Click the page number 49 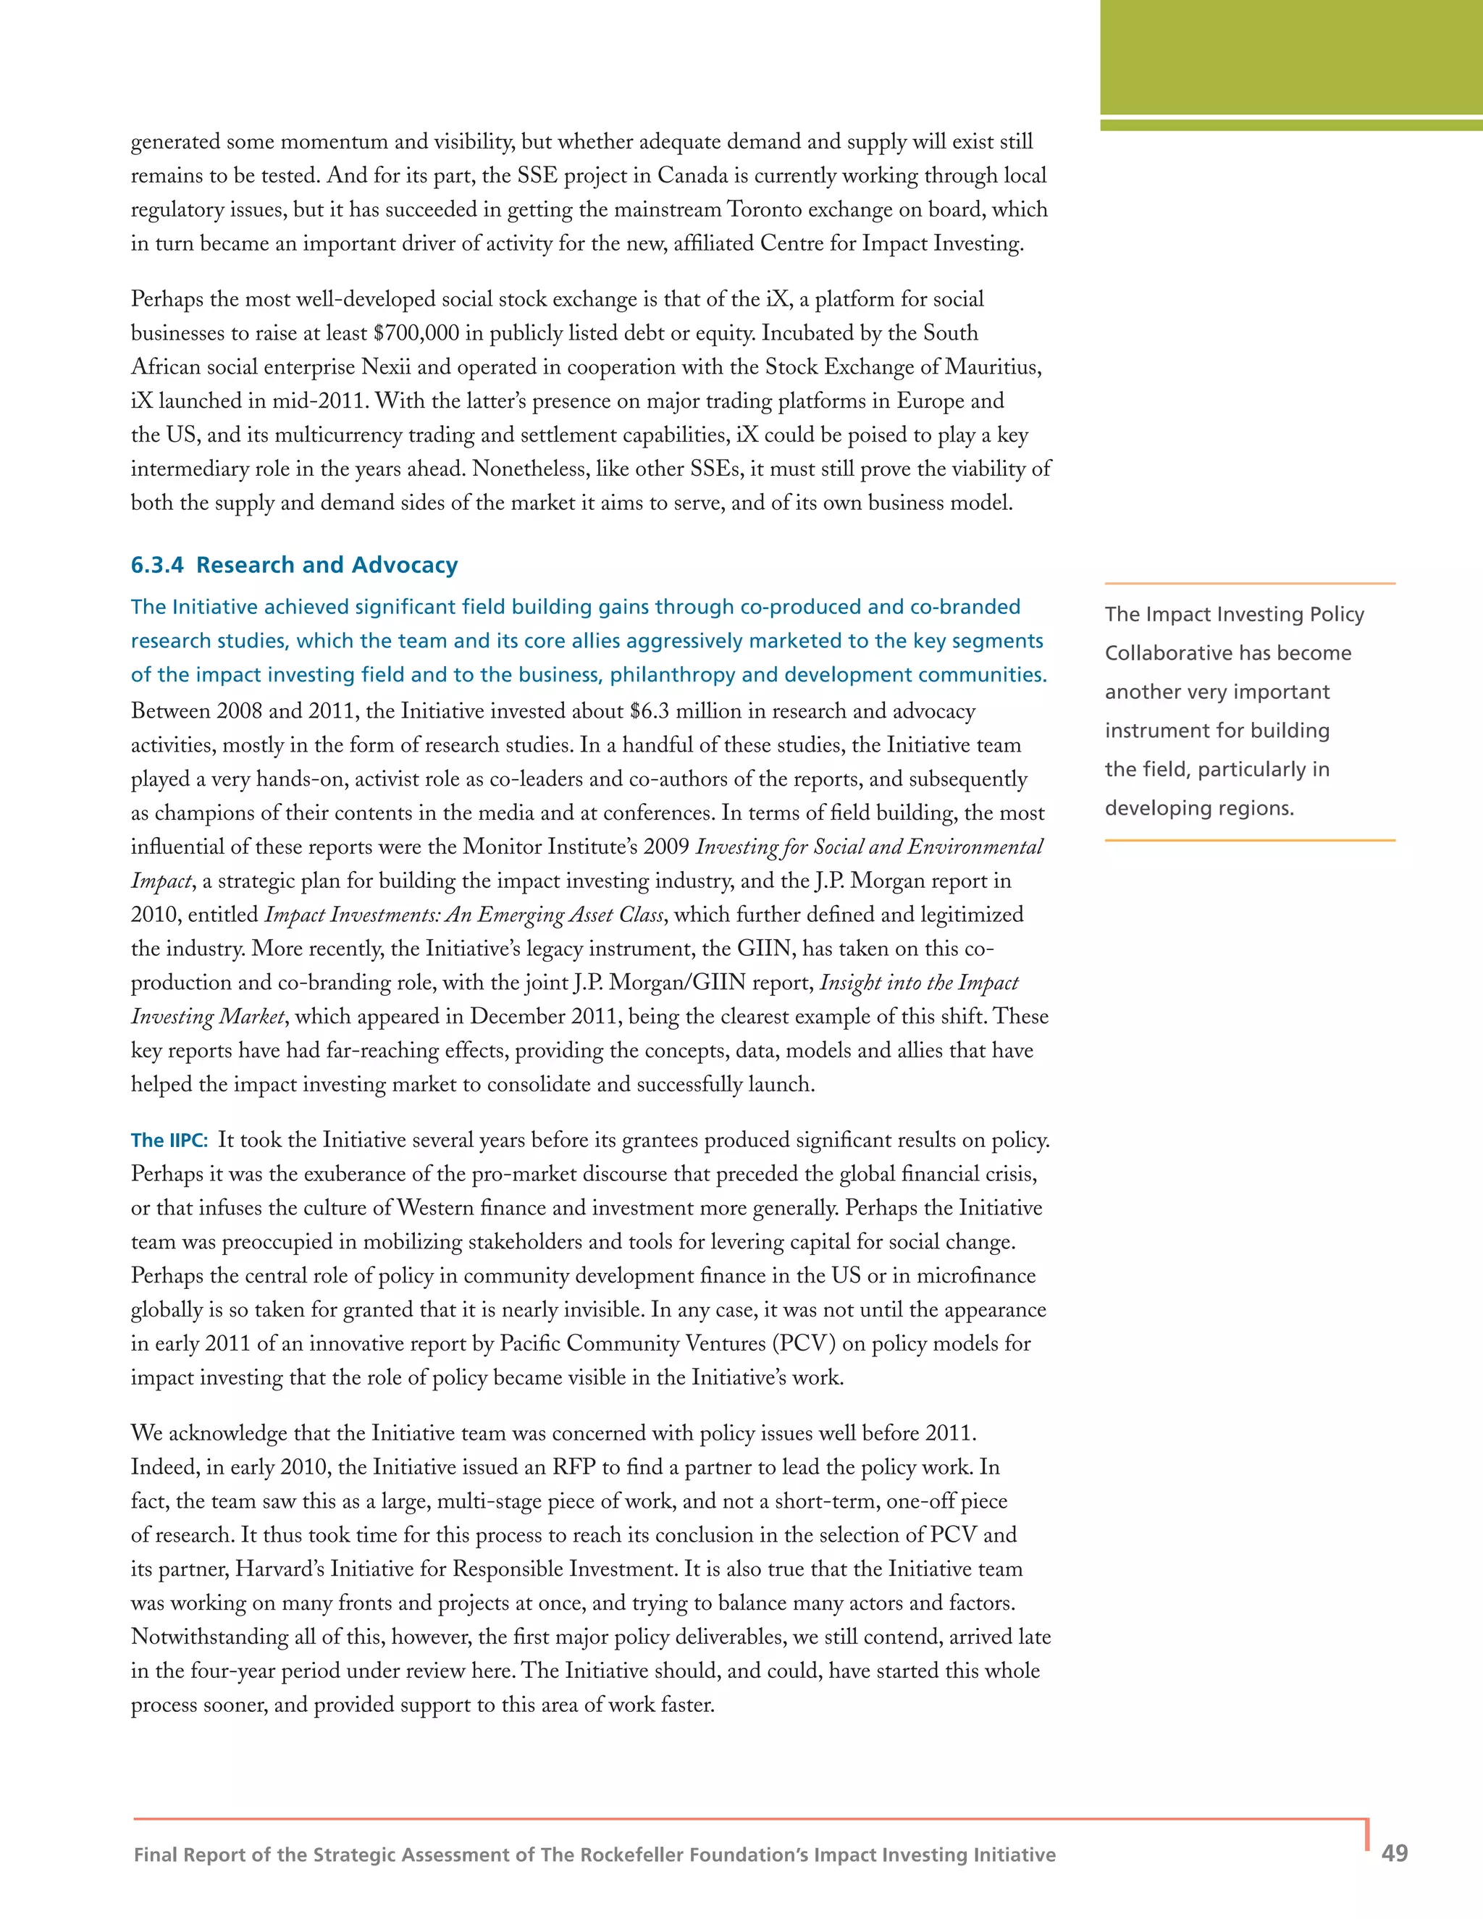(1394, 1853)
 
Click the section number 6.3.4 (157, 565)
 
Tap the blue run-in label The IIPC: (169, 1141)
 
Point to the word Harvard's (279, 1569)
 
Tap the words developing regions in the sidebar (1199, 807)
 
